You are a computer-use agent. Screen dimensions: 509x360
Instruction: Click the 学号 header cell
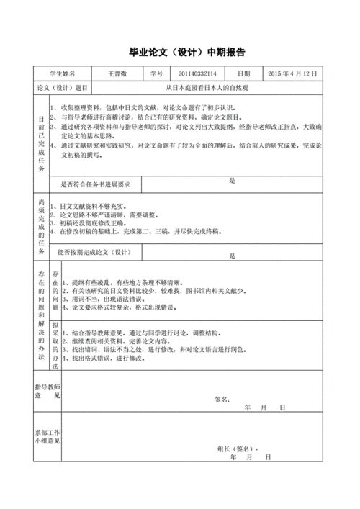157,73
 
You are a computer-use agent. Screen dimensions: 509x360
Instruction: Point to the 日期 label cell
243,73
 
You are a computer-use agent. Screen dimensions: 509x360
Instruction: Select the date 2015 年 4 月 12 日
292,73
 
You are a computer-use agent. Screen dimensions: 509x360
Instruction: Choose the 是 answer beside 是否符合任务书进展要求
233,181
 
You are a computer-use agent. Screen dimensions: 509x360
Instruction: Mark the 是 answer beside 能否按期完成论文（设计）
233,256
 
